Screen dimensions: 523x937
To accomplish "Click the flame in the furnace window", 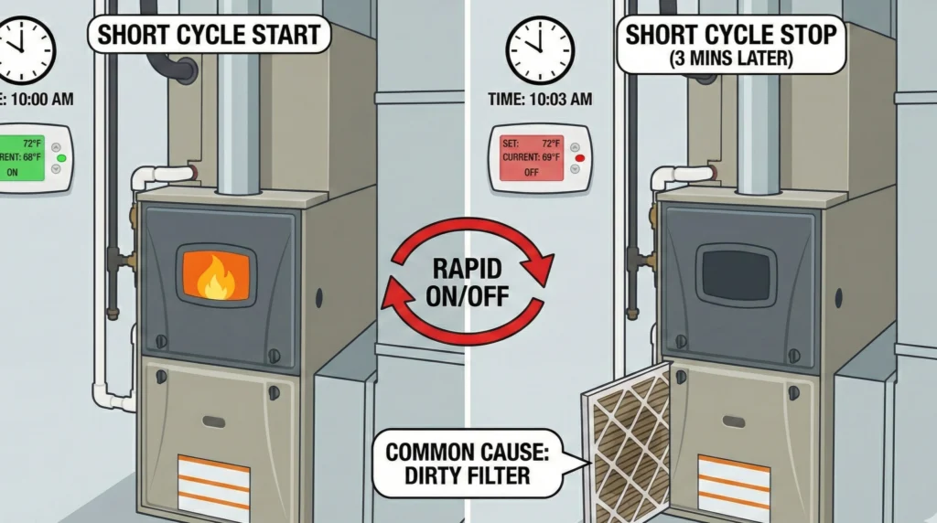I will (216, 274).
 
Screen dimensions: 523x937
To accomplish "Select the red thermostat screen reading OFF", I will (530, 157).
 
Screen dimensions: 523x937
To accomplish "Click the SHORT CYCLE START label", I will (209, 37).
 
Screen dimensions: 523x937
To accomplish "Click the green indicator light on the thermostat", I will (61, 158).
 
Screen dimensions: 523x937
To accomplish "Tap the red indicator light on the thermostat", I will (577, 158).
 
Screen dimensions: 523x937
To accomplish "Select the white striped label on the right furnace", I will (734, 481).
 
